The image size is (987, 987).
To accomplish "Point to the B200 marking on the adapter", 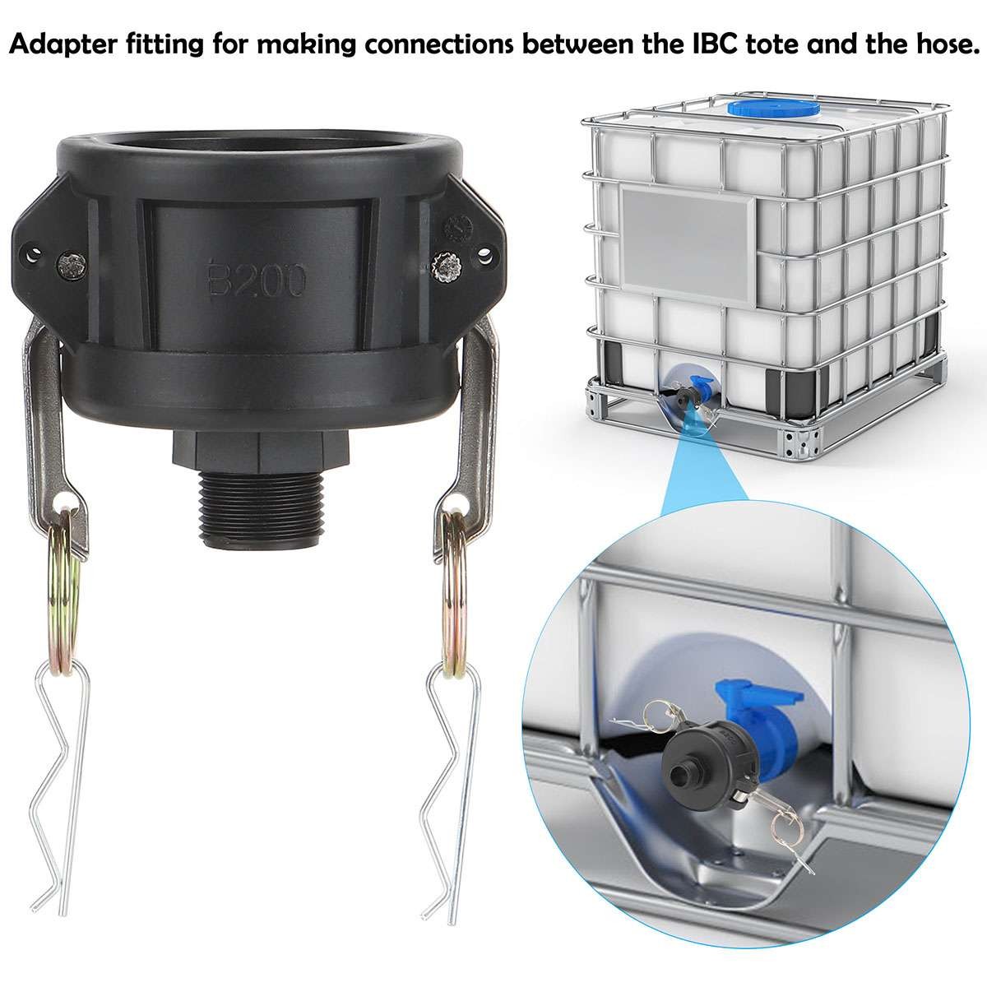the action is point(256,279).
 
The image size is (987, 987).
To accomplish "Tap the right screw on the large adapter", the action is point(447,266).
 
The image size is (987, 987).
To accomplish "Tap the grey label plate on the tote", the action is point(689,239).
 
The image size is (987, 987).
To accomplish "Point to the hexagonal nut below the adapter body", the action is point(258,451).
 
